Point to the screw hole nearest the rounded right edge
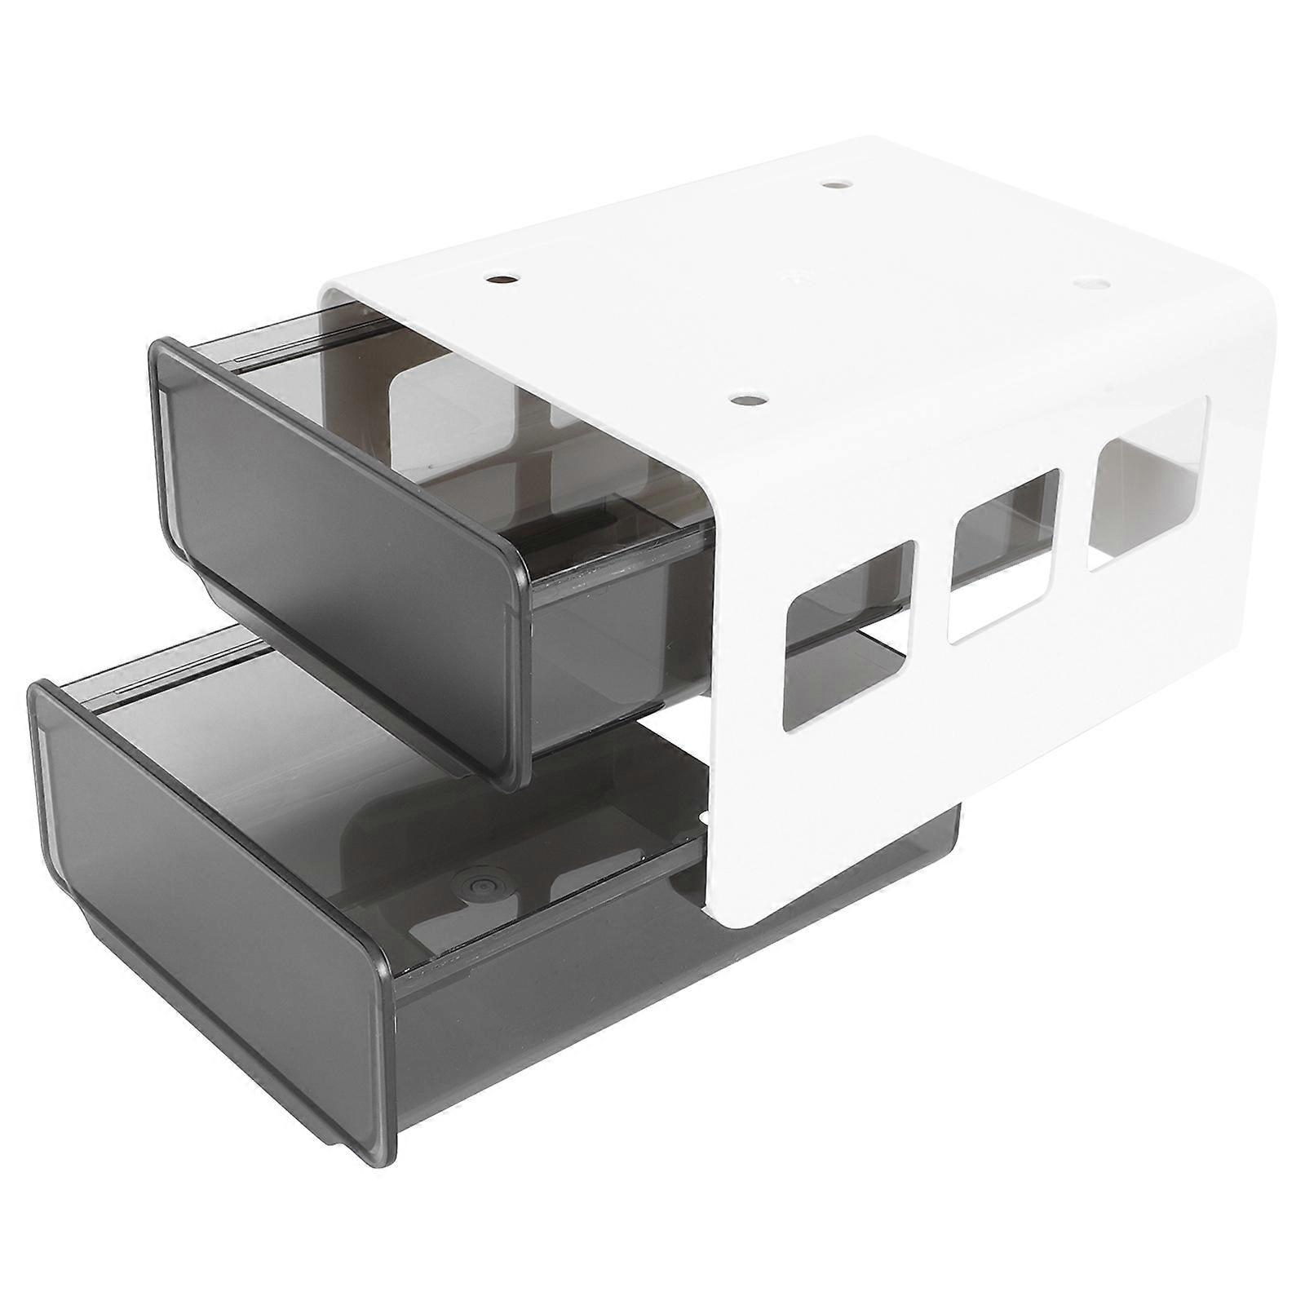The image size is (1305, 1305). coord(1091,283)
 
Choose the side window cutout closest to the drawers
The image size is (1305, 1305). coord(848,633)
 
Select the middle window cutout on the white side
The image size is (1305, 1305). coord(1003,555)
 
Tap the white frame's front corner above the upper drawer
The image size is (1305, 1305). coord(330,294)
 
